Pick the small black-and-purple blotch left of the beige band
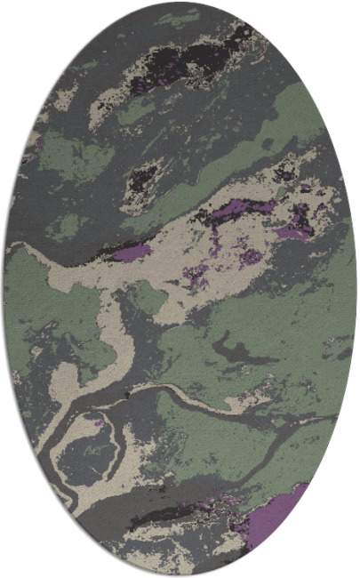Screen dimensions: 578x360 [142, 177]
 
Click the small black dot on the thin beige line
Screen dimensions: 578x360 [128, 392]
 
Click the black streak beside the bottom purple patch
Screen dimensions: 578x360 [178, 513]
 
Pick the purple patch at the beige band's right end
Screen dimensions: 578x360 [293, 231]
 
